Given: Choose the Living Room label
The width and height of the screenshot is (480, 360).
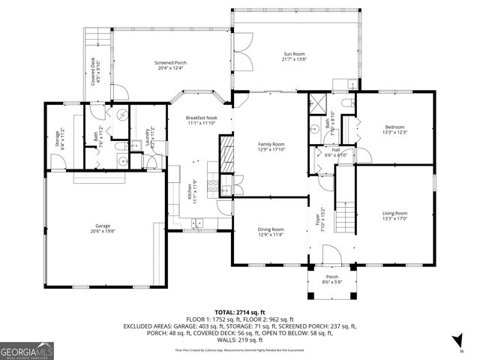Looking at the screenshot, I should (394, 215).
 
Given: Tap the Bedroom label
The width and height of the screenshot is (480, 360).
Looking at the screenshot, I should (394, 130).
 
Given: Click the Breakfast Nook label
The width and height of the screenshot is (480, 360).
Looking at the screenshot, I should (201, 121).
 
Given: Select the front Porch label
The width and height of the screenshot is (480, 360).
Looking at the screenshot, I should (330, 279).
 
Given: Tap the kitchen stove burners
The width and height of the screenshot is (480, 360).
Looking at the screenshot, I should (212, 187).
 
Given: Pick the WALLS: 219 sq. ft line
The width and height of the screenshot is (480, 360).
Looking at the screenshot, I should (240, 340).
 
